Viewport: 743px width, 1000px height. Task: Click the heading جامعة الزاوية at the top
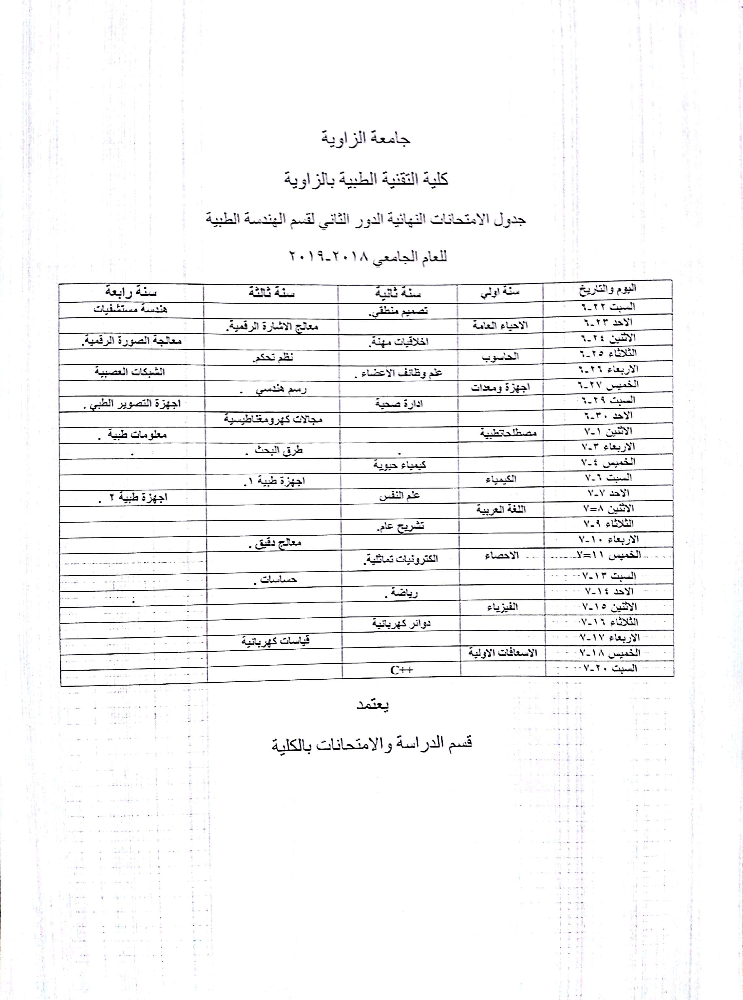(365, 138)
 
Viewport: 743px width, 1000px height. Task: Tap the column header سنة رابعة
(131, 292)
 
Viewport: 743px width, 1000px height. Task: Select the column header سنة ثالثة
(271, 293)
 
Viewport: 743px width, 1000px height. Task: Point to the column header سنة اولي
(500, 292)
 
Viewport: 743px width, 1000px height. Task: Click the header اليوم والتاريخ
(607, 289)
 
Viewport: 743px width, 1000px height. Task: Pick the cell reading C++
(401, 670)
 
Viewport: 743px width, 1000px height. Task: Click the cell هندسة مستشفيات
(130, 309)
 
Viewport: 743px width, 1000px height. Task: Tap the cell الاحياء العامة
(500, 325)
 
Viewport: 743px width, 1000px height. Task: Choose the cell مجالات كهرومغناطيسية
(273, 419)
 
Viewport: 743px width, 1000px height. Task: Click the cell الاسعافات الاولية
(503, 652)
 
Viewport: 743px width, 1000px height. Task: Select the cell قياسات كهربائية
(275, 640)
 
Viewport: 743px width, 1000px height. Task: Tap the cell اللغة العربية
(501, 510)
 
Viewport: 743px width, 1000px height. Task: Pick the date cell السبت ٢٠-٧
(610, 668)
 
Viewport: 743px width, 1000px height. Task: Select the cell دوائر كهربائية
(401, 623)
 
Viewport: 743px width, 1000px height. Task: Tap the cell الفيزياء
(502, 607)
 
